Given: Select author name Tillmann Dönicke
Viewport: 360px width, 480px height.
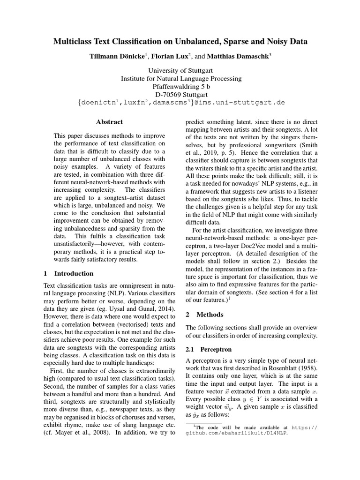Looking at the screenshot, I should [x=118, y=57].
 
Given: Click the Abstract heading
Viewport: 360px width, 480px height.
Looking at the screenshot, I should [x=109, y=122].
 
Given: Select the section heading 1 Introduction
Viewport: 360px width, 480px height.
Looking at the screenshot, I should [x=68, y=273].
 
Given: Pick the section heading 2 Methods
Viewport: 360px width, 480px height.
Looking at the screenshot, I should [x=204, y=315].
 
